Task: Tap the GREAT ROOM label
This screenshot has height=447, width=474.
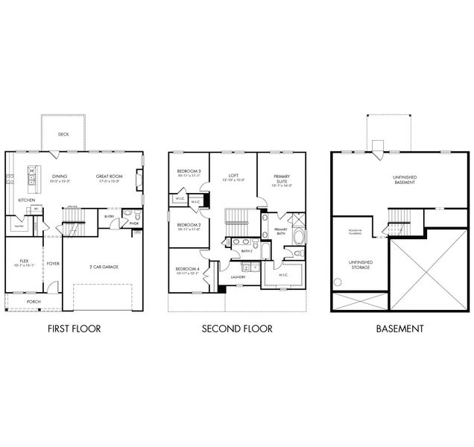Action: [x=108, y=177]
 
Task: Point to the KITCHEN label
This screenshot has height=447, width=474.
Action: [x=28, y=200]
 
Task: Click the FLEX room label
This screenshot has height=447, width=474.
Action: [x=24, y=262]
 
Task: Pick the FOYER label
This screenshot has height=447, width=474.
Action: [x=53, y=263]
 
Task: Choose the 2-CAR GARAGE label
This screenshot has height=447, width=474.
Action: [x=105, y=266]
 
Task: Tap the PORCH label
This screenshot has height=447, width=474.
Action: [x=34, y=302]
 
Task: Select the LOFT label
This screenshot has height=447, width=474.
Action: [x=233, y=177]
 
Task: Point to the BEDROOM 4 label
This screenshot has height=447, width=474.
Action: [x=186, y=270]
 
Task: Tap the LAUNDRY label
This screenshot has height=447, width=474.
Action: [x=238, y=277]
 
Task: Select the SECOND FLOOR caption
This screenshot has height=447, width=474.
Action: [x=237, y=328]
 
